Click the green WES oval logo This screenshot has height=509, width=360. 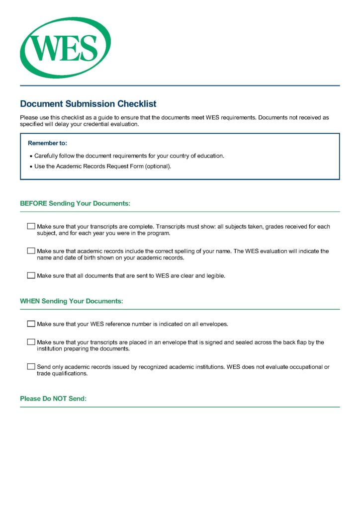65,48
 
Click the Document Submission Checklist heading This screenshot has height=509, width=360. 88,104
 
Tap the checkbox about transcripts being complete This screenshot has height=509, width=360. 31,227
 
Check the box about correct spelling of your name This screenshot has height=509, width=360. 31,251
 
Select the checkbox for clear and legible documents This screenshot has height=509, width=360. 31,275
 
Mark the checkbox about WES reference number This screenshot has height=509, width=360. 31,324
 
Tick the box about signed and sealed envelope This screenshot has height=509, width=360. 31,342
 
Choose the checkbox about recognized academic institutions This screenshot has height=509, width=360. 31,367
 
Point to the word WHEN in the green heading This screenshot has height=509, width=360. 30,301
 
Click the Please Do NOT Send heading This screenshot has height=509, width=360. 53,399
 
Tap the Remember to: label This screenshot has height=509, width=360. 47,143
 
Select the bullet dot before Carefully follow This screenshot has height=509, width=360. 31,156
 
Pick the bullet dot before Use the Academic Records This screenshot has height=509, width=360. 31,167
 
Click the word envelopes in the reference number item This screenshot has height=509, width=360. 214,324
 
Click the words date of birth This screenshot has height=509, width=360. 70,258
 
